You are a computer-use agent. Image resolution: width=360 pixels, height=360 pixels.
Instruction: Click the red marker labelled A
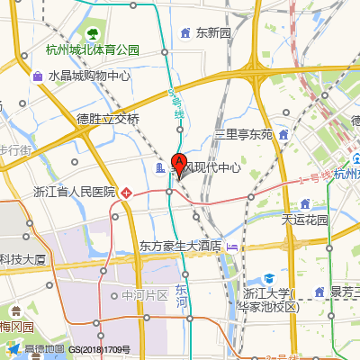(178, 164)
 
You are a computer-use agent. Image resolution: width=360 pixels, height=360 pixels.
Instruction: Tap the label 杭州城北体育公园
(94, 49)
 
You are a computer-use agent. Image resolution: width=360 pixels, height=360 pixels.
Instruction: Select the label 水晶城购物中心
(89, 76)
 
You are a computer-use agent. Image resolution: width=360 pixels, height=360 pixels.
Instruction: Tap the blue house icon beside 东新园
(185, 33)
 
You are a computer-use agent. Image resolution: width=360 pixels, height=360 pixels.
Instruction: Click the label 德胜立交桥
(108, 119)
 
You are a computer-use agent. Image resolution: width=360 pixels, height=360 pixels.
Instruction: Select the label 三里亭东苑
(243, 135)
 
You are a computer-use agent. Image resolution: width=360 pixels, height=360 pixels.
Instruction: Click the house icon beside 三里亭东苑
(283, 135)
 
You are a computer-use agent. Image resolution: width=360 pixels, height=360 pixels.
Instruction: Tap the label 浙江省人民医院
(75, 192)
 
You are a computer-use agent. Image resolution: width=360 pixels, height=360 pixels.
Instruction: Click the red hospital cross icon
(128, 192)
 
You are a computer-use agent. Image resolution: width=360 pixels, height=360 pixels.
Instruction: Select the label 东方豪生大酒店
(180, 245)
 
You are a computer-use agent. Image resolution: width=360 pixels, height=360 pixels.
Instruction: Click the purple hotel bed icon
(232, 245)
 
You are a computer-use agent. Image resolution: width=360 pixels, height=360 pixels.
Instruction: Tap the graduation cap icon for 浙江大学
(268, 278)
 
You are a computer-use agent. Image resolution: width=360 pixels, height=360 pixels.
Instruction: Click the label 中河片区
(145, 295)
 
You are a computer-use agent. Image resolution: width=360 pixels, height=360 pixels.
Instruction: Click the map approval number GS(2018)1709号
(100, 349)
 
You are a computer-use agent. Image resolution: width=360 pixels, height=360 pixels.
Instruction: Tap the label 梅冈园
(16, 326)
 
